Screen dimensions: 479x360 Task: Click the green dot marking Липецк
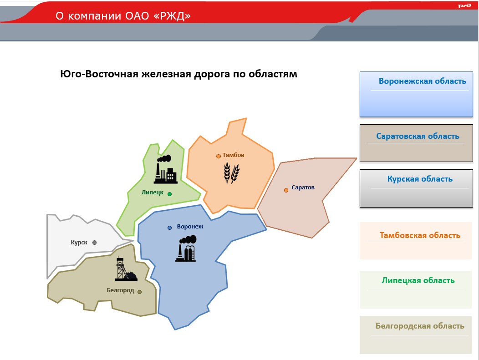169,194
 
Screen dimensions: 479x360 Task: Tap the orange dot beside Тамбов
219,157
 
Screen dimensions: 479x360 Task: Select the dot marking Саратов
286,190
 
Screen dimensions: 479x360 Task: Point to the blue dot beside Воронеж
169,228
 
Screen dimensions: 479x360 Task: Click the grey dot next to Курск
94,243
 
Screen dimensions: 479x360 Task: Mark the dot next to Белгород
140,292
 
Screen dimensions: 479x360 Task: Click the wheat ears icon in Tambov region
232,172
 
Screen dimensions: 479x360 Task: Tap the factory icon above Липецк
166,169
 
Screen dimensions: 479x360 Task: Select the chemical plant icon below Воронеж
186,248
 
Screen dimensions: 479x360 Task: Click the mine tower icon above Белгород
126,269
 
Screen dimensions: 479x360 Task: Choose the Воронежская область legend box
416,94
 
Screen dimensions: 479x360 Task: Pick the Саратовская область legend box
416,143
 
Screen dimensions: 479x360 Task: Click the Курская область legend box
416,188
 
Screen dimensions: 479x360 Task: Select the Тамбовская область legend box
416,241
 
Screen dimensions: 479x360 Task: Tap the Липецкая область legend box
416,289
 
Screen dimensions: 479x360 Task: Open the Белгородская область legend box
416,335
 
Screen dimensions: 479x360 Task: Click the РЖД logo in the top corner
464,6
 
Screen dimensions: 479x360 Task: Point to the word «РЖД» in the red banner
172,15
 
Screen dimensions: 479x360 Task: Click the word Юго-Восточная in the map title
99,74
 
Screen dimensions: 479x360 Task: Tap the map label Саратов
303,188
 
